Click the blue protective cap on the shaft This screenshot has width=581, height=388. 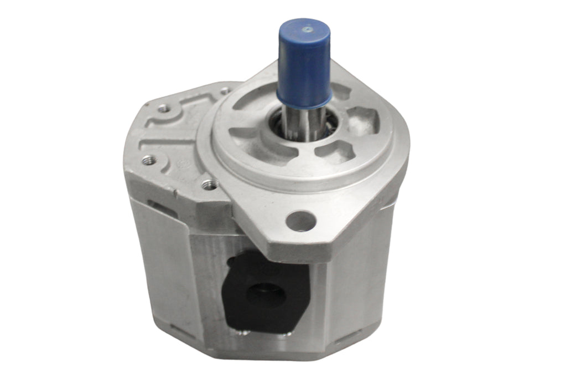[304, 67]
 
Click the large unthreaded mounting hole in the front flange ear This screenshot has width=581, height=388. [302, 221]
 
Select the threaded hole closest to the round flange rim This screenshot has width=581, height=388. [209, 184]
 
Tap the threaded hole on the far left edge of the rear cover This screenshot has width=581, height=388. [148, 161]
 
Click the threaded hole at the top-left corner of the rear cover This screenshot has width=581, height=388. [164, 109]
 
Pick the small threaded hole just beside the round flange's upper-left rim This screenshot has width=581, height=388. [225, 90]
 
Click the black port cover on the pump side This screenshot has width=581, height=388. [266, 291]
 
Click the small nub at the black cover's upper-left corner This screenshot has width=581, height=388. [233, 261]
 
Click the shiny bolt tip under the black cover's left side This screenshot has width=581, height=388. [242, 333]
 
